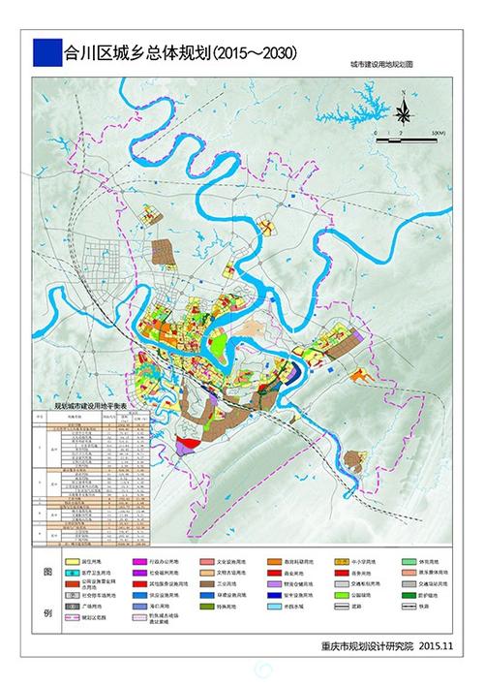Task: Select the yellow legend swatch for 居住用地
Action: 73,561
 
